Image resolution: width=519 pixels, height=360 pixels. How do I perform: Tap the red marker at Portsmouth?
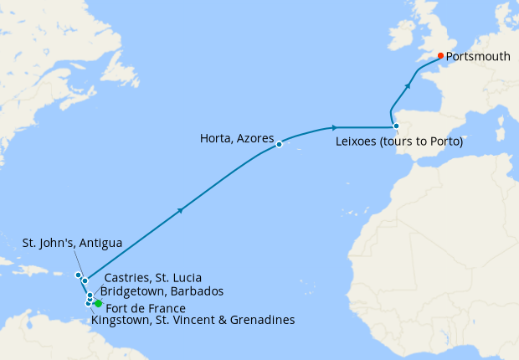coord(441,56)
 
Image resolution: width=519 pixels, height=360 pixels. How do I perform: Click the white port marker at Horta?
coord(279,145)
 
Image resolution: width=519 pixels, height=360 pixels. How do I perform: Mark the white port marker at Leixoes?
coord(397,127)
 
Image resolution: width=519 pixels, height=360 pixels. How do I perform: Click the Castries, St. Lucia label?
coord(152,277)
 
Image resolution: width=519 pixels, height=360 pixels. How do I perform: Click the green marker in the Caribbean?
coord(98,303)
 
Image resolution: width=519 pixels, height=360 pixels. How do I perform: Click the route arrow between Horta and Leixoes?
coord(335,127)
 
